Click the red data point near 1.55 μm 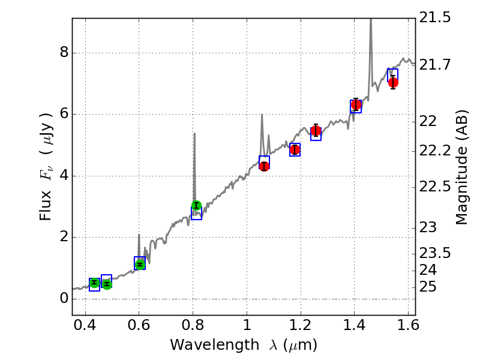[393, 82]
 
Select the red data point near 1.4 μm [356, 105]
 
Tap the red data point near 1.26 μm [316, 131]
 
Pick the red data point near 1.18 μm [295, 149]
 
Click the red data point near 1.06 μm [264, 166]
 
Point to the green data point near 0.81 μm [196, 206]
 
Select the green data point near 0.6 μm [140, 265]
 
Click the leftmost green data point [94, 282]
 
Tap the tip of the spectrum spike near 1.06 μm [262, 115]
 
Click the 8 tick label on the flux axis [61, 53]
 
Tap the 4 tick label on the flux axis [61, 176]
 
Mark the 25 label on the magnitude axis [428, 287]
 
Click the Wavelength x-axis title [243, 346]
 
